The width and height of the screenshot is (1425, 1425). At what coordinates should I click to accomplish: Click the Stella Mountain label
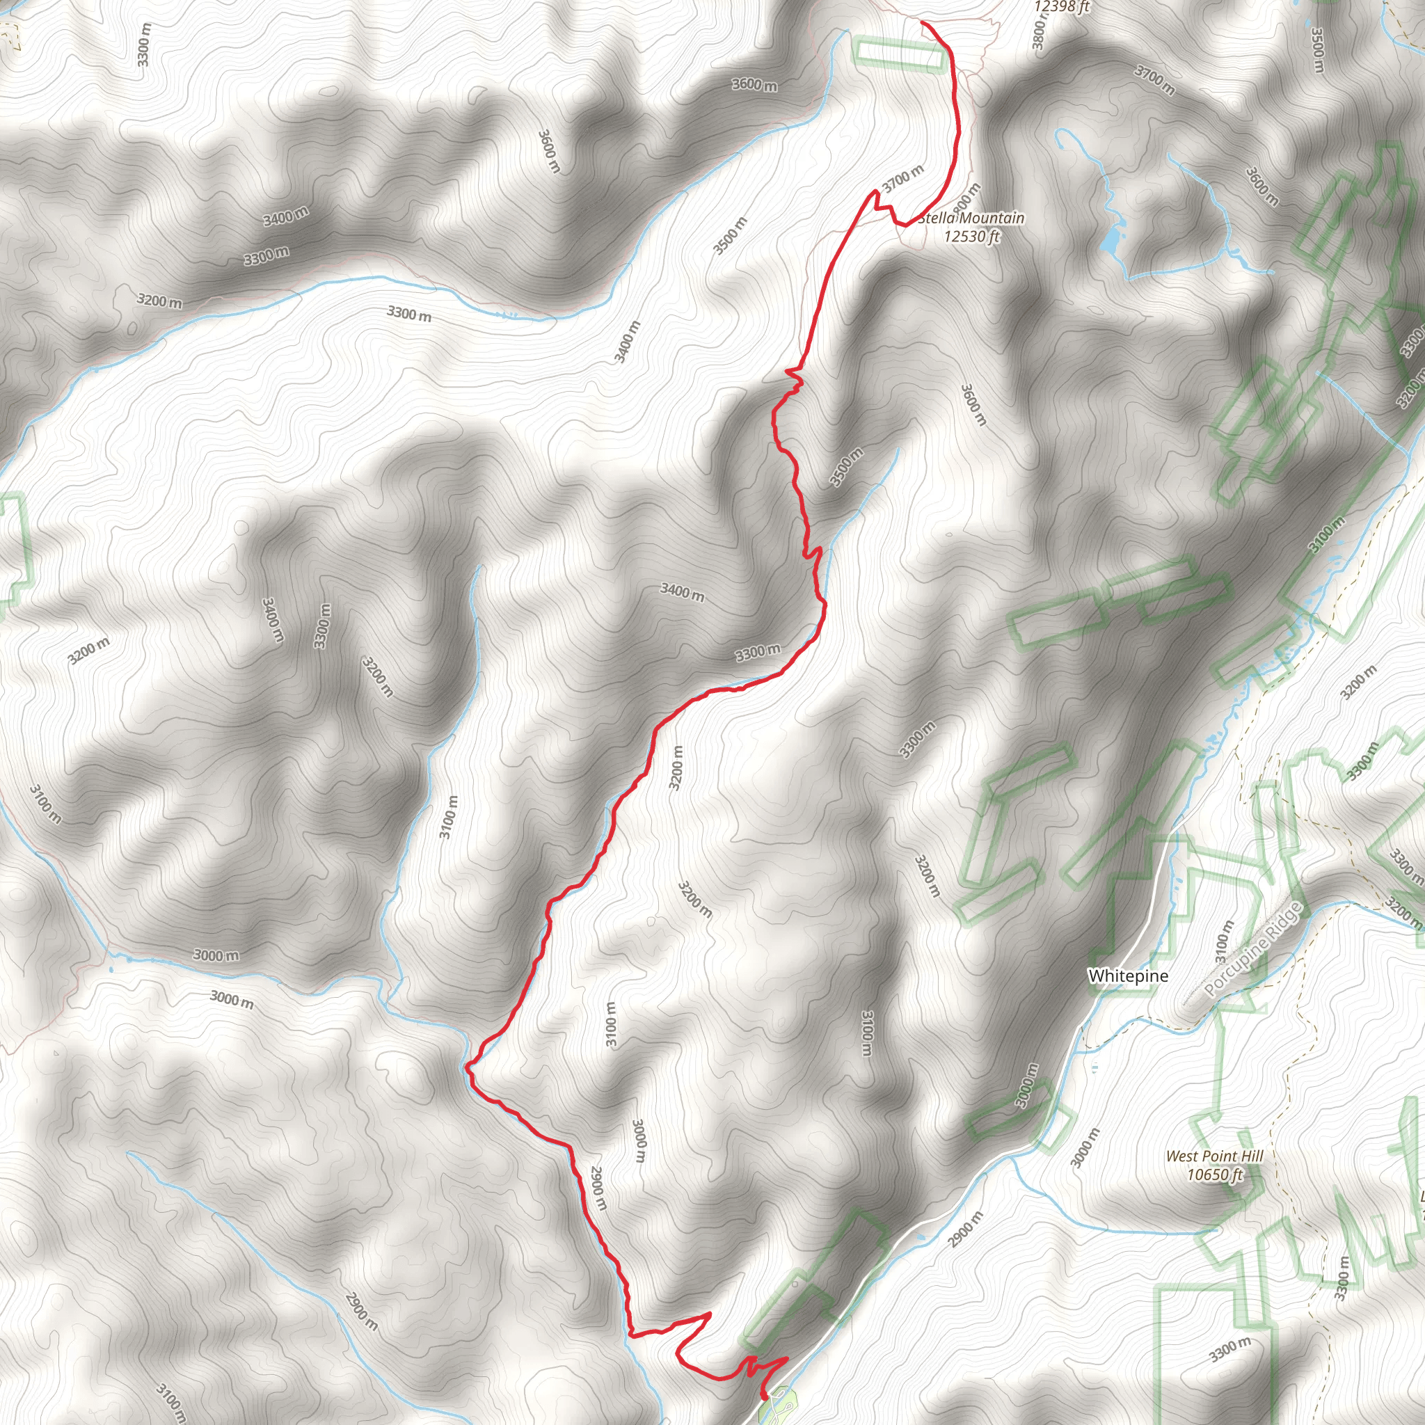click(971, 218)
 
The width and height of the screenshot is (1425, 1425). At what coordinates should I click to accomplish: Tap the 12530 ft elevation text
click(971, 236)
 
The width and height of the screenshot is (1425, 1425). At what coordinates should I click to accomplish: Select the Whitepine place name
click(1128, 976)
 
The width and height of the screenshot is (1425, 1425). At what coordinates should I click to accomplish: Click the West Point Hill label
click(1214, 1156)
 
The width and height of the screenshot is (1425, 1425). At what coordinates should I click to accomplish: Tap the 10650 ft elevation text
click(1214, 1175)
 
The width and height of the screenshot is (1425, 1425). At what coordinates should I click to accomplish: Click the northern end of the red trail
click(923, 24)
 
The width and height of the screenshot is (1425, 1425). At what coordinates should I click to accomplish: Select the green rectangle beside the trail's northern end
click(899, 54)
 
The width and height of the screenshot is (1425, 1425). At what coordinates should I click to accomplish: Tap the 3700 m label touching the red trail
click(902, 179)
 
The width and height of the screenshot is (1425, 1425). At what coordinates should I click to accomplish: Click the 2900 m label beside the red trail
click(598, 1188)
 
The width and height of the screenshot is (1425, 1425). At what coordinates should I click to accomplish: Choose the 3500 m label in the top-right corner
click(1317, 50)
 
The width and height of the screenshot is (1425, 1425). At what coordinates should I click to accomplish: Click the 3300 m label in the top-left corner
click(145, 45)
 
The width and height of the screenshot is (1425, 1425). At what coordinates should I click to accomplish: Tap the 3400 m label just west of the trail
click(683, 591)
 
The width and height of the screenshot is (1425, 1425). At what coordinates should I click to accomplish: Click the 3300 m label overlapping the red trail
click(758, 652)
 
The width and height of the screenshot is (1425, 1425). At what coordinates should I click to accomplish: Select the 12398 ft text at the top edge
click(1061, 8)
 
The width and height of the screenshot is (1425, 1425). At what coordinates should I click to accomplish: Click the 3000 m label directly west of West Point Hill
click(1084, 1148)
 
